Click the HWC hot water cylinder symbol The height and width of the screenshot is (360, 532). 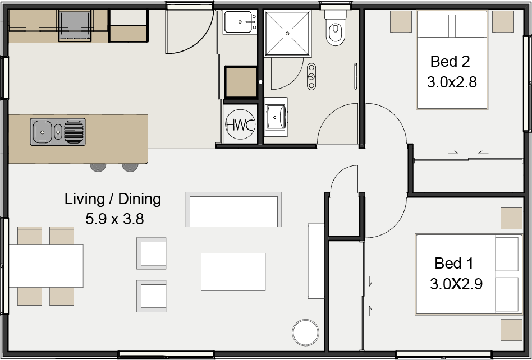240,124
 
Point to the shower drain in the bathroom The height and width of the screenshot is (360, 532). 288,34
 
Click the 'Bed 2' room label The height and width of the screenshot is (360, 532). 450,61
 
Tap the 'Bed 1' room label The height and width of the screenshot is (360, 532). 454,263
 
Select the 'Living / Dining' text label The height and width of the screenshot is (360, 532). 112,199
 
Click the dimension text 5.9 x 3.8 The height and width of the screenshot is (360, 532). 114,219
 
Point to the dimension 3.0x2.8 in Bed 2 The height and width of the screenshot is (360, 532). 452,82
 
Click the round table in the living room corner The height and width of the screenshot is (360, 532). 306,333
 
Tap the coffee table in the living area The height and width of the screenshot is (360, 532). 233,271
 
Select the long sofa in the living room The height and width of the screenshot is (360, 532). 233,209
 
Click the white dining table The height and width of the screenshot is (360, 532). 46,266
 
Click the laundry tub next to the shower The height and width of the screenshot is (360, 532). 240,23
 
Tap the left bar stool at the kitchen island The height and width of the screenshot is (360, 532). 98,167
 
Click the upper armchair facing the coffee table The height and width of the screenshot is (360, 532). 152,253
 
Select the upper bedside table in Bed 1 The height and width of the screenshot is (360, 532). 511,219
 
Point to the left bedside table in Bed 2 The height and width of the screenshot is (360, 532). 401,22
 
